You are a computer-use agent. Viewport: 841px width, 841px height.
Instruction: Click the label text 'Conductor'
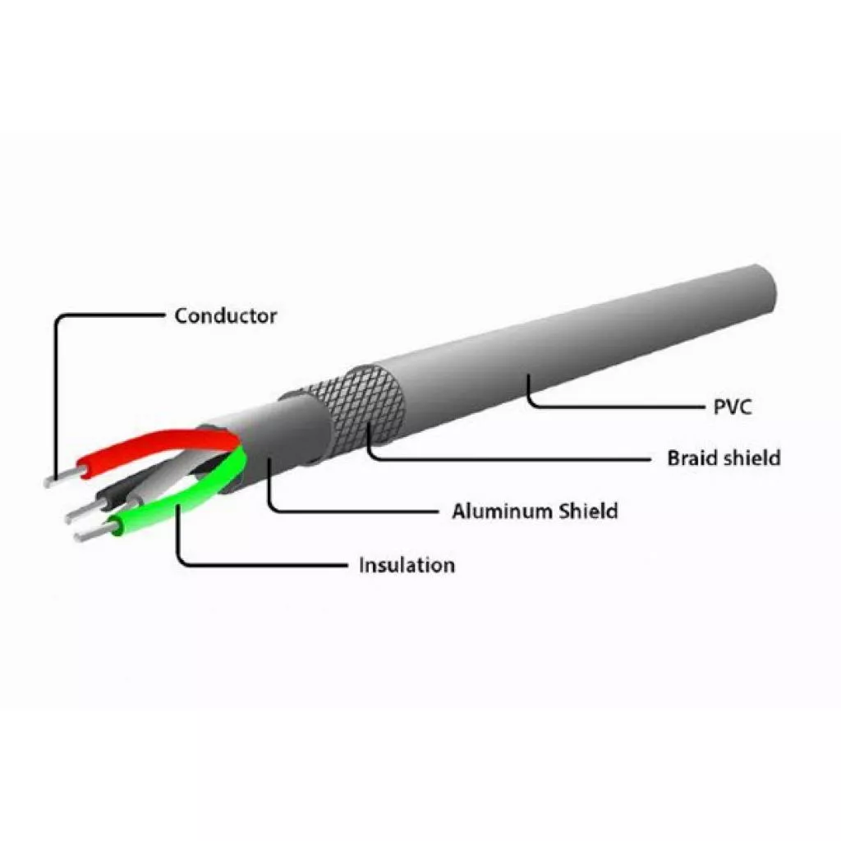226,315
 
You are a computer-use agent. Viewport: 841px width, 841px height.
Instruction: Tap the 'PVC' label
733,407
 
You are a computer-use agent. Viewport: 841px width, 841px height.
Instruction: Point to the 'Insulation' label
407,565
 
